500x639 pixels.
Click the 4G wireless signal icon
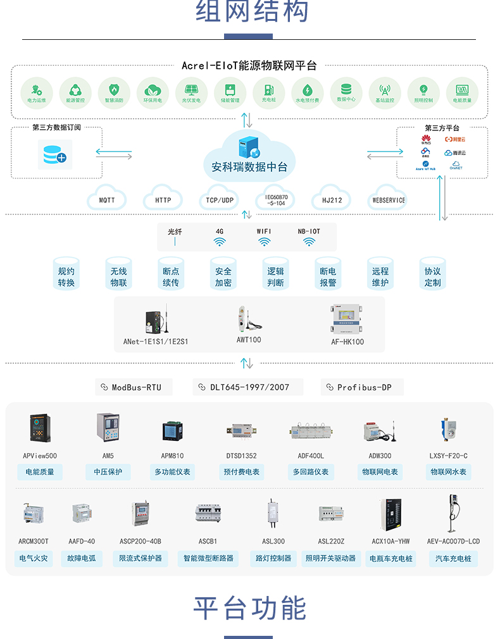220,242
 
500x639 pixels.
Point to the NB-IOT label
309,232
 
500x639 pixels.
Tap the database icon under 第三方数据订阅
54,154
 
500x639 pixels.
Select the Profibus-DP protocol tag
363,387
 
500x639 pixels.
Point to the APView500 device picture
40,428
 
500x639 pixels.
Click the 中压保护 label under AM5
108,472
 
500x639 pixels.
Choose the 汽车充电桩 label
453,559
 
